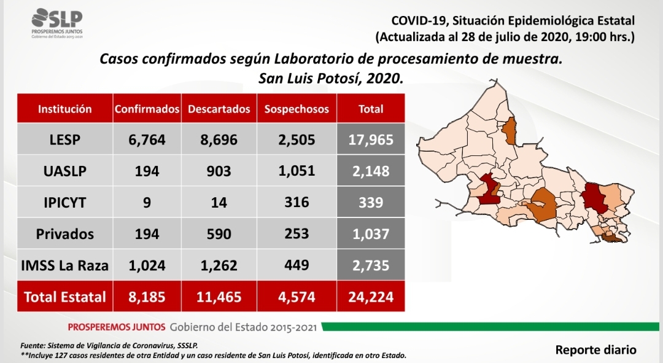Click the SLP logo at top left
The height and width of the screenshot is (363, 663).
point(57,23)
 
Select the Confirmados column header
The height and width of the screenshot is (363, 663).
point(147,109)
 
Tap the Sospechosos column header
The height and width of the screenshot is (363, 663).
point(297,109)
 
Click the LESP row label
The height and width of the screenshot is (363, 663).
point(64,139)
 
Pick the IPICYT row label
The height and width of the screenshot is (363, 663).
point(64,202)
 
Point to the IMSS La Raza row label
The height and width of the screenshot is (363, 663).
point(64,265)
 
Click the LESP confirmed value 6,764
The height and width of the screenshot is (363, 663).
point(147,139)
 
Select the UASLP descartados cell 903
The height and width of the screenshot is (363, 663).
point(219,171)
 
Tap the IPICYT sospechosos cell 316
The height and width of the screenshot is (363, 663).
point(297,202)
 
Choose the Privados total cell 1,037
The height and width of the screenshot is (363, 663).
point(371,234)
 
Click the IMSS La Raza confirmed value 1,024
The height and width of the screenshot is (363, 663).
point(147,265)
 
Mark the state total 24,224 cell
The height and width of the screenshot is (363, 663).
point(371,297)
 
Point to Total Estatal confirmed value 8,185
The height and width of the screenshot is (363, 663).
point(147,297)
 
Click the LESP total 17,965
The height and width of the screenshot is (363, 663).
point(371,139)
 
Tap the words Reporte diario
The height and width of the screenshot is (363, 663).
point(595,350)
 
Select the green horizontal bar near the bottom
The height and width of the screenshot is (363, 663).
point(490,327)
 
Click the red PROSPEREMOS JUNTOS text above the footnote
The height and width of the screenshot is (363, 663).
point(116,327)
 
